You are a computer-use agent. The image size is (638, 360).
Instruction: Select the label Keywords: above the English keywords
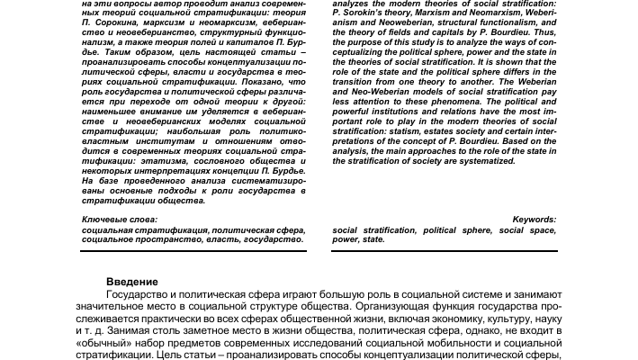[x=534, y=220]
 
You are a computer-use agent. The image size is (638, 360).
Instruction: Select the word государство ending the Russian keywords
[x=270, y=240]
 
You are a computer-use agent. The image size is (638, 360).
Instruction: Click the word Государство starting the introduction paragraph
[x=138, y=295]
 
